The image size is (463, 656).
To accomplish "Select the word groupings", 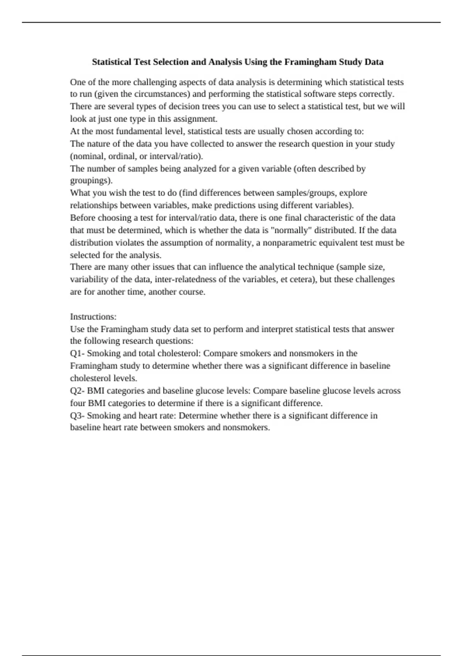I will (91, 181).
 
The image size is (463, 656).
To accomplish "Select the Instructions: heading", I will (93, 317).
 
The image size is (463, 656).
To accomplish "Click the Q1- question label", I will (77, 353).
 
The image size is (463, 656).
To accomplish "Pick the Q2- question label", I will (77, 391).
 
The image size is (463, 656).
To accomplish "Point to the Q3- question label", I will (77, 416).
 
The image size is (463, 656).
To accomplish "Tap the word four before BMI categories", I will (78, 403).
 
